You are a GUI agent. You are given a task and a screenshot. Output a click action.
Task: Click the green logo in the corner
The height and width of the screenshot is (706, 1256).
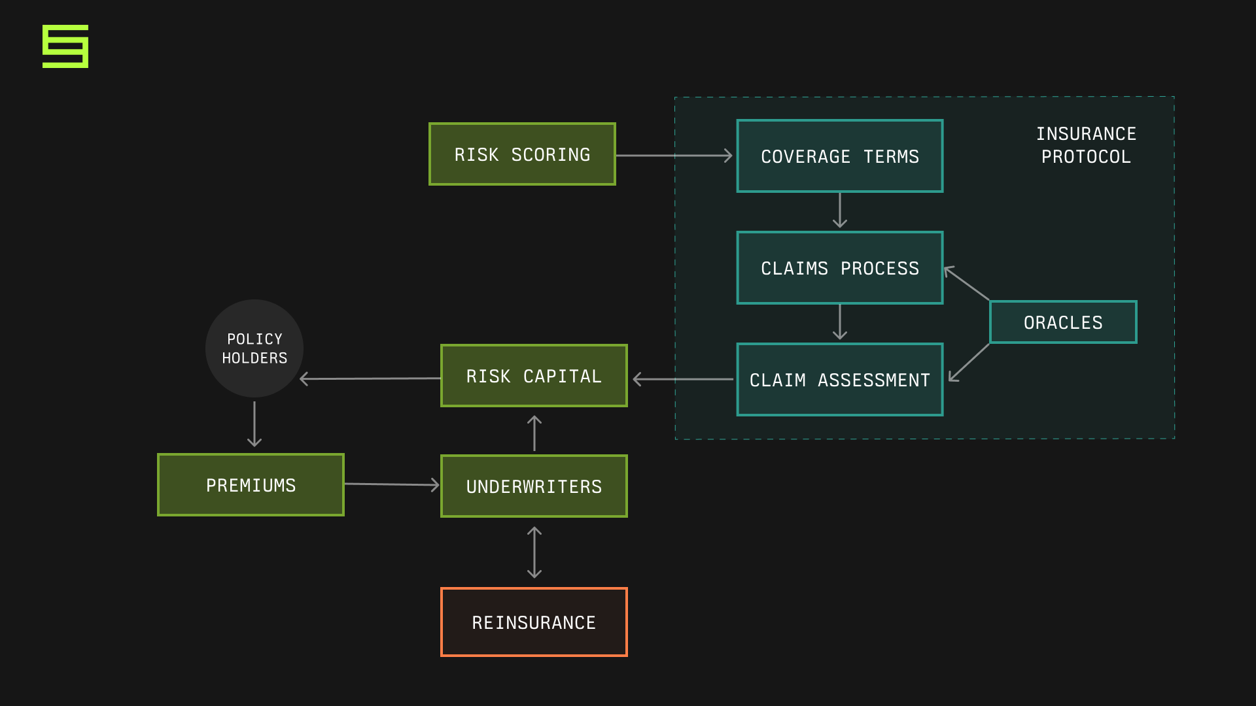(65, 46)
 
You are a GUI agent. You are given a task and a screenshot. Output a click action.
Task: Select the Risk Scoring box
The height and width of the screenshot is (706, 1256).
(522, 154)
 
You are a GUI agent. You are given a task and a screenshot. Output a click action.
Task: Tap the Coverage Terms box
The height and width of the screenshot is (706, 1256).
(839, 156)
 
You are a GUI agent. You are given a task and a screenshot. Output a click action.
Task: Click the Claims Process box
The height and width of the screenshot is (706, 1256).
(839, 268)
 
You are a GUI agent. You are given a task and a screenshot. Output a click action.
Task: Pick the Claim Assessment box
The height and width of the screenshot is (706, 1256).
(839, 380)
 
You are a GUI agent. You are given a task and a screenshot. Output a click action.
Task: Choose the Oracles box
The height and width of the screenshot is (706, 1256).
(1063, 322)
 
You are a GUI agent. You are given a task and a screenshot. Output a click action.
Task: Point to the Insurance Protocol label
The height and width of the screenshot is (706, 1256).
(1086, 145)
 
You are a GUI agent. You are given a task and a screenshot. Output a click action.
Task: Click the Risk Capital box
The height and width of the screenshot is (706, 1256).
(534, 376)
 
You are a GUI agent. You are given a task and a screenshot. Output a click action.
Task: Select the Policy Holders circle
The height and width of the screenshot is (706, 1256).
(254, 348)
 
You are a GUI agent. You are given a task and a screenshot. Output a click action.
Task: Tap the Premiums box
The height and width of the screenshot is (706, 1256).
(251, 485)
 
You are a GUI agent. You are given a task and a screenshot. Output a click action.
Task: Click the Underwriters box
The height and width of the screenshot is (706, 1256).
(534, 486)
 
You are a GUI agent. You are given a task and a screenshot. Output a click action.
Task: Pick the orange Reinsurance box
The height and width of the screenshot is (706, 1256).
(534, 622)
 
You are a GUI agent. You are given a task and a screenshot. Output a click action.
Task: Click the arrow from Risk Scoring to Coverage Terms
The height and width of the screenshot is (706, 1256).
(674, 156)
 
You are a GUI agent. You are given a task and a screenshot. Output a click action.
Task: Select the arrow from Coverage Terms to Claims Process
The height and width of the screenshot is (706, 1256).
(840, 210)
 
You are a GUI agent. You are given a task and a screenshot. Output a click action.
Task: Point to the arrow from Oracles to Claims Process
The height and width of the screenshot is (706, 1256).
(967, 284)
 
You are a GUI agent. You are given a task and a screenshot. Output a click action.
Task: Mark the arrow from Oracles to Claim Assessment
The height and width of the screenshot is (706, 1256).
(969, 362)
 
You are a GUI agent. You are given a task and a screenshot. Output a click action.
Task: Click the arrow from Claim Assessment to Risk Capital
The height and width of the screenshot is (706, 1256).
(683, 379)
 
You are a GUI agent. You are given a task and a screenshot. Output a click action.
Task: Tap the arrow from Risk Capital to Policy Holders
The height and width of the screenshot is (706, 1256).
(370, 378)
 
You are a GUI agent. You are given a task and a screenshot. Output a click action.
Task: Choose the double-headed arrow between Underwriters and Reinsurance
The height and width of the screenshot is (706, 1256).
(534, 552)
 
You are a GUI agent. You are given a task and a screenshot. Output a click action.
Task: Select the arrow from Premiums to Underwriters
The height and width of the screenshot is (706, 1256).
(392, 484)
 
